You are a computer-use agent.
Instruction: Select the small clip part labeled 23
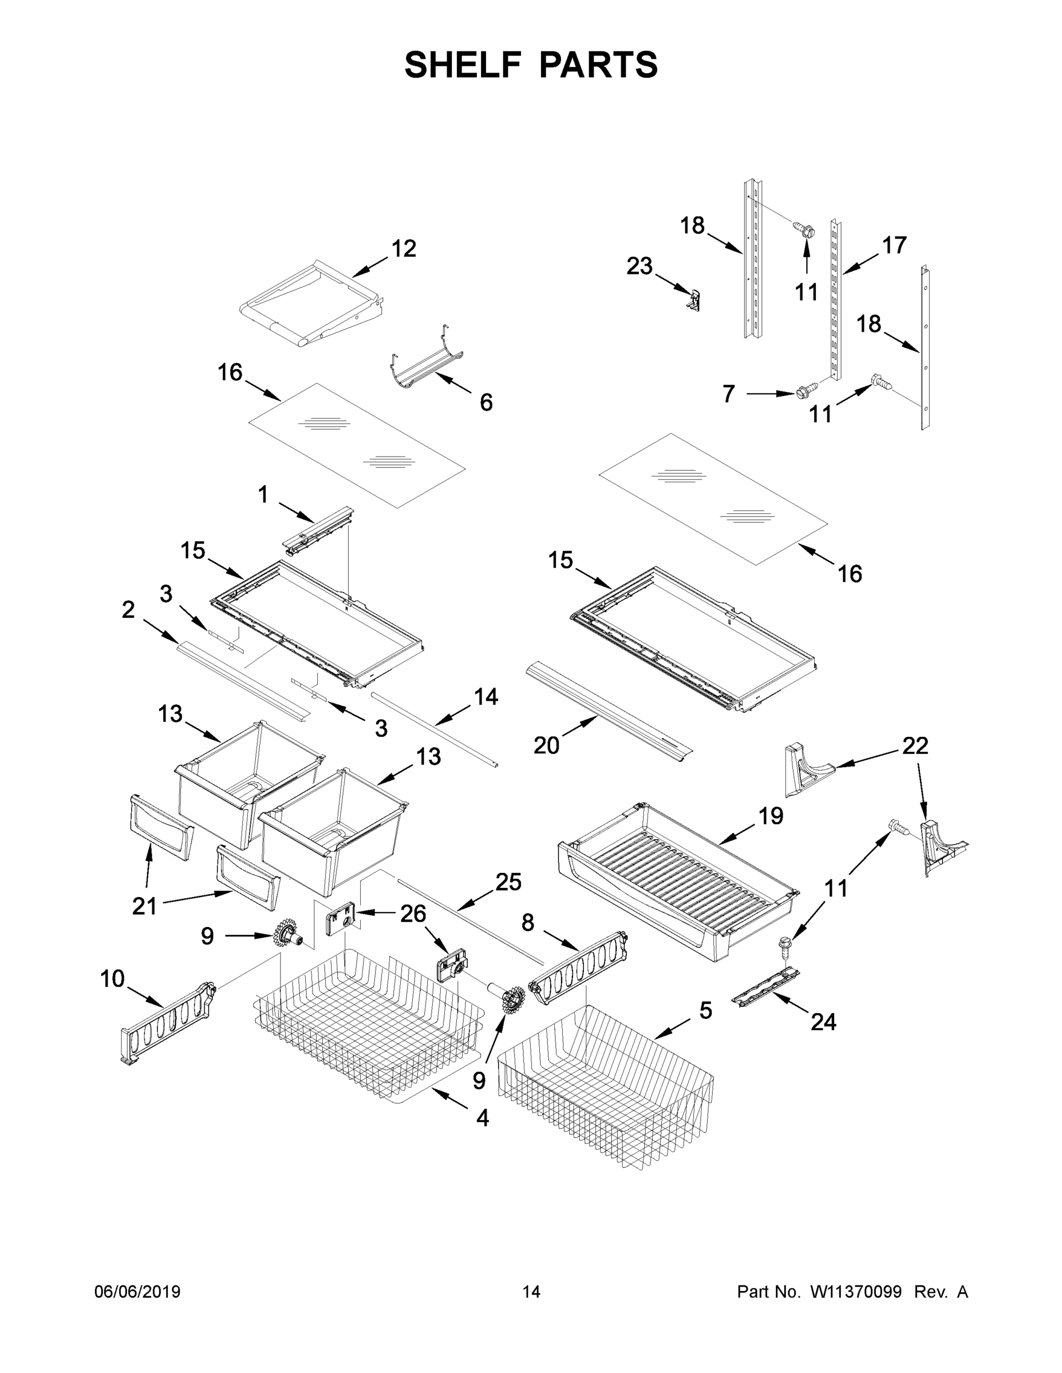(x=694, y=300)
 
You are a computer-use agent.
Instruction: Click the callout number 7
(x=729, y=394)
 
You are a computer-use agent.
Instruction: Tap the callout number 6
(x=485, y=402)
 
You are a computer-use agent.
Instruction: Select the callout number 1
(x=263, y=495)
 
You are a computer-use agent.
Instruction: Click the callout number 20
(x=546, y=745)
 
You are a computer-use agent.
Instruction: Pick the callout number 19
(x=770, y=816)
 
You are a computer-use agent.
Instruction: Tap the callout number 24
(x=823, y=1022)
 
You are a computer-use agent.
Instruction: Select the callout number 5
(x=706, y=1010)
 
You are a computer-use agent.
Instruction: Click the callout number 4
(x=483, y=1118)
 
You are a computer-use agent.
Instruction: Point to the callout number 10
(x=113, y=979)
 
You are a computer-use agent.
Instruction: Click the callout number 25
(x=508, y=883)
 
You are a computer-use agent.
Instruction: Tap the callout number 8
(x=527, y=922)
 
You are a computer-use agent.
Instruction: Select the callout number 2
(x=128, y=609)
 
